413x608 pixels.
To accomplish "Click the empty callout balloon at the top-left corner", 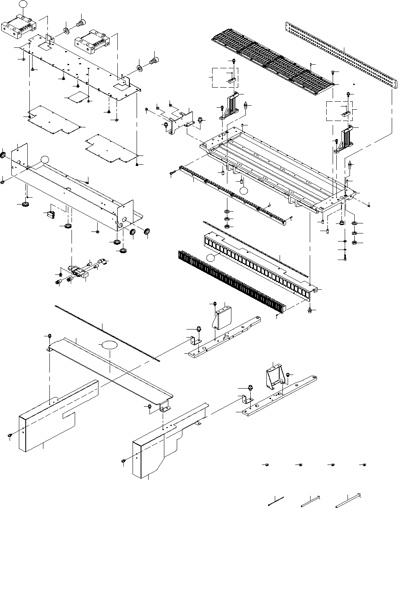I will point(24,4).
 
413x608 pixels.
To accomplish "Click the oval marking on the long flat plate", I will point(109,344).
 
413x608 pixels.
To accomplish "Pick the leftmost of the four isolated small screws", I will point(266,465).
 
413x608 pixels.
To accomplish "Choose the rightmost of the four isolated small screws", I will point(364,465).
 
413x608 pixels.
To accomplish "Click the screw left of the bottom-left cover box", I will point(10,436).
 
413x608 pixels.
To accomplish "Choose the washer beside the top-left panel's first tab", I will point(65,31).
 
